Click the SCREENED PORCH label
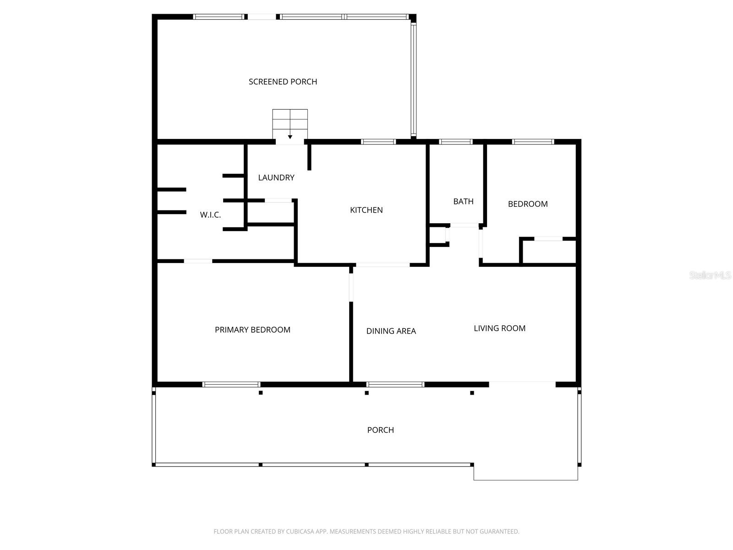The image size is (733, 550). (283, 82)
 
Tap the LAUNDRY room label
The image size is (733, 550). (276, 177)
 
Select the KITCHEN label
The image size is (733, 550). (366, 210)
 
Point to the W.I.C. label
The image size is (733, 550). (210, 214)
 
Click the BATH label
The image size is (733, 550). (463, 201)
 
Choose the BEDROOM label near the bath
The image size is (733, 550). (528, 204)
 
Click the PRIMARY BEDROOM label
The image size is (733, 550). (252, 330)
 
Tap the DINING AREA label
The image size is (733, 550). (391, 331)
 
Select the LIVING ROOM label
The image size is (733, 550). (499, 328)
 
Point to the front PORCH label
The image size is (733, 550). (380, 430)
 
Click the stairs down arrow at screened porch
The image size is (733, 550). (290, 137)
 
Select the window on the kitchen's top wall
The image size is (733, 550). (378, 142)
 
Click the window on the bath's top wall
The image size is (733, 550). (455, 142)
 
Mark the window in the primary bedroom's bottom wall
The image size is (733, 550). (231, 385)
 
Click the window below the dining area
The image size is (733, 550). (395, 385)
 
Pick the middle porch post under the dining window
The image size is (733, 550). (366, 393)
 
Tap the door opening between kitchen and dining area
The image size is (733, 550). (383, 265)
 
